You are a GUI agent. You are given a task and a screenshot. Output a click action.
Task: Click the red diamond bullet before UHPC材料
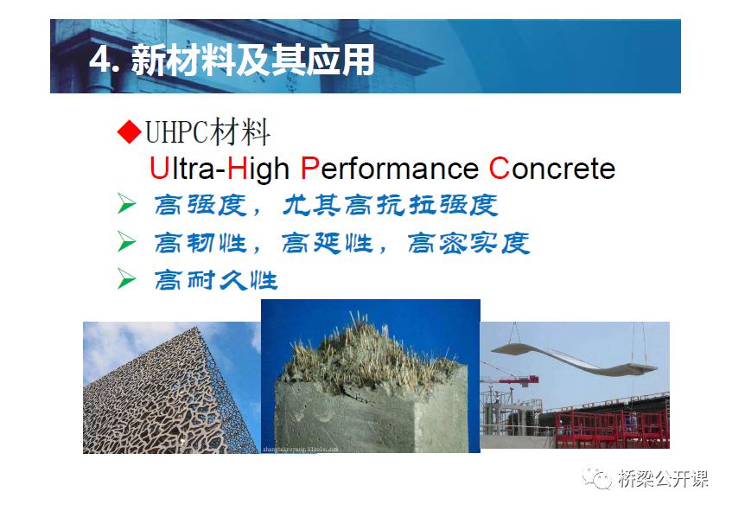point(130,131)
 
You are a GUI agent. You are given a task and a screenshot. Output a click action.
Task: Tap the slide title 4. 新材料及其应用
point(232,60)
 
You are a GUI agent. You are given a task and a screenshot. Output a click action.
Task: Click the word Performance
point(390,168)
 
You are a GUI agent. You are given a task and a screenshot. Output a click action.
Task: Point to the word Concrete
point(551,168)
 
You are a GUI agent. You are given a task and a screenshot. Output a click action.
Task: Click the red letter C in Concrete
point(499,168)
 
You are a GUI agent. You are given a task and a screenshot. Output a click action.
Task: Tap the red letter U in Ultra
point(159,168)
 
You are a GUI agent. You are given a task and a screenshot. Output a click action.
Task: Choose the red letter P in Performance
point(310,168)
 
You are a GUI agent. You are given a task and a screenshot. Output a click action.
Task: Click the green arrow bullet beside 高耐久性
point(126,279)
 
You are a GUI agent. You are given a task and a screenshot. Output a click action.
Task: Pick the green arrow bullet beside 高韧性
point(126,241)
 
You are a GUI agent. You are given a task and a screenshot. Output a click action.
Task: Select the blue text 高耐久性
point(216,280)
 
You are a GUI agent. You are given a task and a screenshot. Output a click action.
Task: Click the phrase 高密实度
point(468,243)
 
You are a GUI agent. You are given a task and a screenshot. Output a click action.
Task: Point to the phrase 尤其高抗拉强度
point(391,206)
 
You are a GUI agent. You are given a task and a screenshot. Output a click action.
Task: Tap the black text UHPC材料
point(207,132)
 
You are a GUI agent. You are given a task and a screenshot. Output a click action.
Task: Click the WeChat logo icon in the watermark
point(596,477)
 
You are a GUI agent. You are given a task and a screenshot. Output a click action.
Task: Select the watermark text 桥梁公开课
point(664,478)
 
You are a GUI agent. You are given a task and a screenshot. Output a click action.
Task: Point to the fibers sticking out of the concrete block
point(369,355)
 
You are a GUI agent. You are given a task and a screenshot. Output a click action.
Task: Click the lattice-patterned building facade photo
point(171,387)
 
